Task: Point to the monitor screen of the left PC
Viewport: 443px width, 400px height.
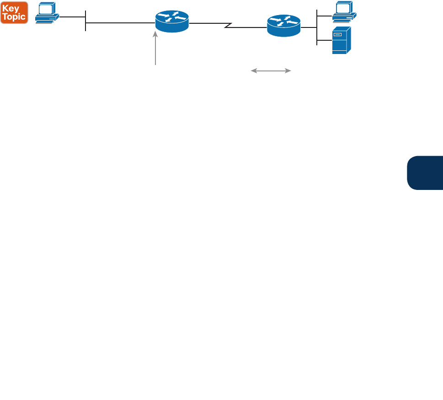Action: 46,9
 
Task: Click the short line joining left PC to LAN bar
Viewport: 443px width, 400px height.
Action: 72,17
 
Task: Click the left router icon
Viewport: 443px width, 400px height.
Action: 172,22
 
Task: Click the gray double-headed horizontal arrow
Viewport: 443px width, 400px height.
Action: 271,71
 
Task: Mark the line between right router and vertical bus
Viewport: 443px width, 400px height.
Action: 310,27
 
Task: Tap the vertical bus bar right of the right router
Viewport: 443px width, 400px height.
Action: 317,27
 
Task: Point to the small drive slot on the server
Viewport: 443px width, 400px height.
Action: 338,34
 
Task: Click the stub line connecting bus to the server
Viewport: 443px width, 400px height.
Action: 324,40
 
